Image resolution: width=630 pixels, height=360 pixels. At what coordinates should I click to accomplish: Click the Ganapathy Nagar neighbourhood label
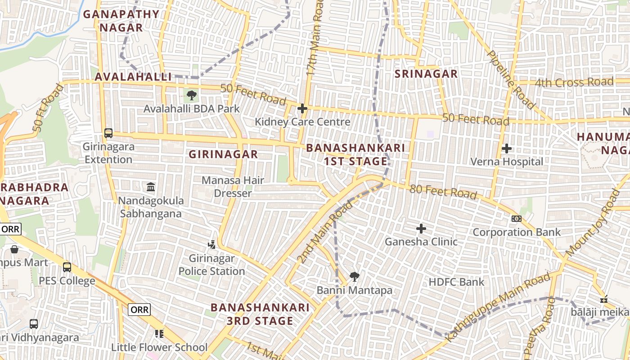click(121, 21)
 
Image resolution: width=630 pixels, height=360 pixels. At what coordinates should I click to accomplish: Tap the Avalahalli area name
click(133, 77)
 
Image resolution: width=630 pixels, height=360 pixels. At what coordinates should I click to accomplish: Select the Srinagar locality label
click(426, 74)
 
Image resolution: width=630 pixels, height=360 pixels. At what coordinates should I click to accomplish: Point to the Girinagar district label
click(223, 154)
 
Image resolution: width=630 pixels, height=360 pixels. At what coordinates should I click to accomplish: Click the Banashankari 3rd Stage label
click(260, 314)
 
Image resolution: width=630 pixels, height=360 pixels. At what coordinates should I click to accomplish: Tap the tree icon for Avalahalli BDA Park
click(192, 95)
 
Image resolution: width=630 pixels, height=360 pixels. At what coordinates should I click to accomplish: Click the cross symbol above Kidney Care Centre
click(302, 108)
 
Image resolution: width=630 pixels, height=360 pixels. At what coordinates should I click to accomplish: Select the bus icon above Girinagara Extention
click(108, 133)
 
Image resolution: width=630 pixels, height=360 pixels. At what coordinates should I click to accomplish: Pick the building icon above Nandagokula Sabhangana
click(151, 187)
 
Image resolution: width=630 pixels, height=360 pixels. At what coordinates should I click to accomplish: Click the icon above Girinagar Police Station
click(211, 245)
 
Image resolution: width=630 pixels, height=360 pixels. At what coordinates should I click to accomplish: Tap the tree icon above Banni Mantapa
click(355, 277)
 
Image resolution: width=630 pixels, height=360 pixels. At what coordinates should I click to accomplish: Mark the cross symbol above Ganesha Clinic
click(421, 229)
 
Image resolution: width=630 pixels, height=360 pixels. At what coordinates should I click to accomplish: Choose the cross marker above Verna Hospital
click(507, 148)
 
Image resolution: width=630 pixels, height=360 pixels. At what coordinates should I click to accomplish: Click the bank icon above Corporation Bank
click(517, 219)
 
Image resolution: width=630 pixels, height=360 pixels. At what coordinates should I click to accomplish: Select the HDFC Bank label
click(456, 282)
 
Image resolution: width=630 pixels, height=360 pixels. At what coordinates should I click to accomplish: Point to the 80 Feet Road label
click(443, 192)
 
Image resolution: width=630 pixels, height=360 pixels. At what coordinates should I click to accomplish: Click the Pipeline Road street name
click(512, 79)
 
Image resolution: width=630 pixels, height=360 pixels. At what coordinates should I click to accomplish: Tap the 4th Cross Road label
click(574, 82)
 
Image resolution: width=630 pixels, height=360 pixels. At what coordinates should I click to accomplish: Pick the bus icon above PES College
click(67, 267)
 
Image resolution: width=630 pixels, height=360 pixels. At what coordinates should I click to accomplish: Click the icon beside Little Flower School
click(159, 334)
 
